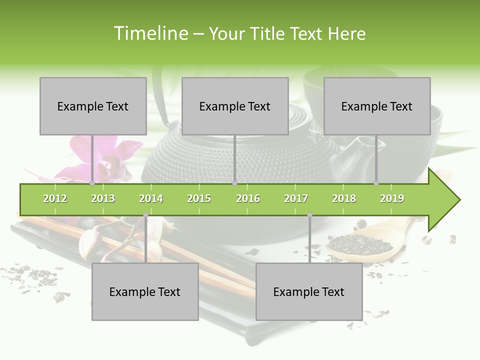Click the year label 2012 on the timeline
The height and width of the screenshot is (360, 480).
tap(55, 198)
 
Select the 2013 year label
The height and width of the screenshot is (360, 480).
tap(103, 198)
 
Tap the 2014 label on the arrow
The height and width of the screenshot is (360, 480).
tap(151, 198)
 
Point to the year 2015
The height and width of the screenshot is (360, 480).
tap(199, 198)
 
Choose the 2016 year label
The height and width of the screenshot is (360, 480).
tap(248, 198)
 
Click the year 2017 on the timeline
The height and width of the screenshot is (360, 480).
tap(296, 198)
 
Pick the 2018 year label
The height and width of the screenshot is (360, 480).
tap(344, 198)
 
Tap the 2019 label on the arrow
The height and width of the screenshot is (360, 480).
tap(392, 198)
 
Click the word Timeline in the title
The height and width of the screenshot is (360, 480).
tap(149, 33)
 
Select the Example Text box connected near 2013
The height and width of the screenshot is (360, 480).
tap(93, 106)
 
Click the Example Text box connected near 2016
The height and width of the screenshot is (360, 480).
tap(235, 106)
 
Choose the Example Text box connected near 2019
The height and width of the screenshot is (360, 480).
tap(377, 106)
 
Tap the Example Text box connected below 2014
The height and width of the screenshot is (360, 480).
tap(145, 291)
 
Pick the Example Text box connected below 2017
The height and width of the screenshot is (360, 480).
tap(309, 291)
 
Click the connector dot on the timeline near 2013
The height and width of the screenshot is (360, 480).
tap(92, 183)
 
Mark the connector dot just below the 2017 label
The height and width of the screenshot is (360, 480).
tap(309, 215)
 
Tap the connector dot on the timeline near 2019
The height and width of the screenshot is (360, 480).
tap(376, 183)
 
